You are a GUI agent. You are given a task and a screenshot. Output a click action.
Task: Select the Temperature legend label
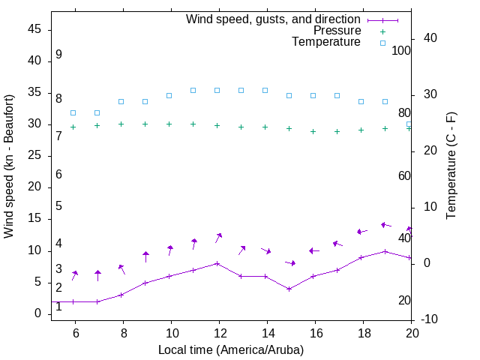326,42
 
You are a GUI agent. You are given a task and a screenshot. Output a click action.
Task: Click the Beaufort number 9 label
58,55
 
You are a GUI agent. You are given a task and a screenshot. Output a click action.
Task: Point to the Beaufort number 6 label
58,175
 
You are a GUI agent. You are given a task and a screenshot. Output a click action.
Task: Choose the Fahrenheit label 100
401,50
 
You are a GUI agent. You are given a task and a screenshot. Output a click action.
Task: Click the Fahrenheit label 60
404,175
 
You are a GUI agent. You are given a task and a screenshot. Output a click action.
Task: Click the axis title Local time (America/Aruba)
231,349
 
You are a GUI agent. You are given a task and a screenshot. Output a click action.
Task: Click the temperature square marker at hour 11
193,90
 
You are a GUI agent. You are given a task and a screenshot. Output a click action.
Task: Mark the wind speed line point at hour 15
289,289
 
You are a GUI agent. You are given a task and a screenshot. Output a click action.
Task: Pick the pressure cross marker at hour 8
121,124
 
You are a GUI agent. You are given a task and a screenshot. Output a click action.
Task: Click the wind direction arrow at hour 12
218,237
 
